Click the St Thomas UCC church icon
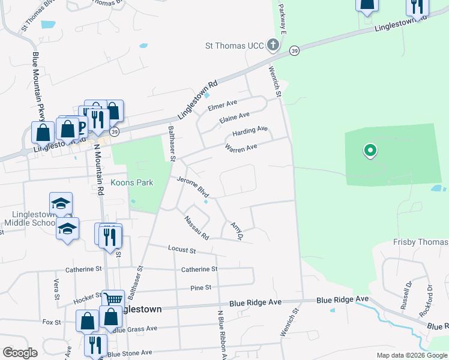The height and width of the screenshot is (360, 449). coord(273,45)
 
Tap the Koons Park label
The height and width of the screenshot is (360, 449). coord(131,183)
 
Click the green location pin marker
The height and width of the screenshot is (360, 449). coord(370,151)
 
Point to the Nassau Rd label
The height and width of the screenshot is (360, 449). coord(196,226)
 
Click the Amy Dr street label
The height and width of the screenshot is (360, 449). coord(236,231)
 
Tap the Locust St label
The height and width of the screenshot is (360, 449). coord(182,248)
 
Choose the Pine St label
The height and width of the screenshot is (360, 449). coord(200,288)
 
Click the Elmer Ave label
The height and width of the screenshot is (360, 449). coord(222,106)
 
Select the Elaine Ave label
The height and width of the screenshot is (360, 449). coord(235,116)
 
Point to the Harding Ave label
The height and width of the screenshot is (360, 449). coord(250,130)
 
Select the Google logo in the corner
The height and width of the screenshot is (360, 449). coord(20,353)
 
